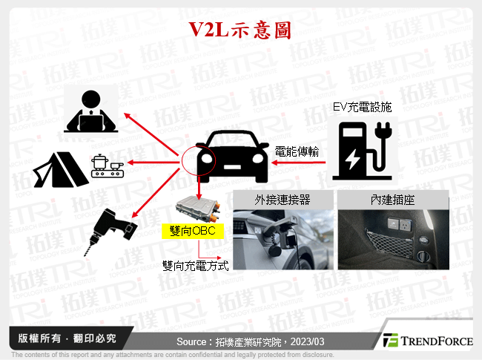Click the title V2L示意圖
(240, 30)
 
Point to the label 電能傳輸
(296, 151)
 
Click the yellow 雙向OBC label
(193, 232)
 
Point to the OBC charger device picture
(197, 209)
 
